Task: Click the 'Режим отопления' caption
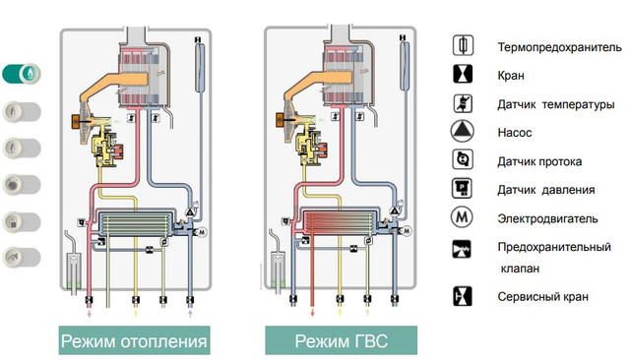point(134,341)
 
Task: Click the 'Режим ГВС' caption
point(342,341)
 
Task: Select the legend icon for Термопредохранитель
point(463,45)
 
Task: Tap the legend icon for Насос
point(462,131)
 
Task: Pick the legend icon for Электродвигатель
point(462,217)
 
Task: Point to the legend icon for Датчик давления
point(462,188)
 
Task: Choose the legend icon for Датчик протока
point(463,159)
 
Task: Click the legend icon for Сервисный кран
point(463,296)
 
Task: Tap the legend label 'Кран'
point(511,76)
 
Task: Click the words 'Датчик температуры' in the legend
point(555,104)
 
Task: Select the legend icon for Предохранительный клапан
point(462,249)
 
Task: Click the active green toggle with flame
point(22,74)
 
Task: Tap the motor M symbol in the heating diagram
point(202,232)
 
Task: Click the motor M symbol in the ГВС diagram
point(407,231)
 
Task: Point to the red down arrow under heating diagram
point(90,313)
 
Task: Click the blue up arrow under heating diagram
point(190,313)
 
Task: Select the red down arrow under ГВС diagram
point(312,312)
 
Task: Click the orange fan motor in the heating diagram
point(76,122)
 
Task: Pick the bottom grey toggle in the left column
point(22,258)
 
